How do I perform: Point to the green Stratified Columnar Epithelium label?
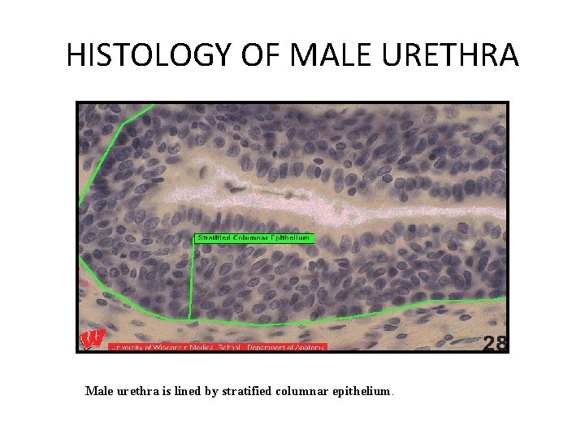[x=254, y=238]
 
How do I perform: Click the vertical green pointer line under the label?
[x=193, y=280]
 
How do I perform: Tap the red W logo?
[x=92, y=339]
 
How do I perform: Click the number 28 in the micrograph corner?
[x=495, y=344]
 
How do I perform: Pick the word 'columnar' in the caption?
[x=306, y=391]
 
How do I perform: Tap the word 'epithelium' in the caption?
[x=364, y=391]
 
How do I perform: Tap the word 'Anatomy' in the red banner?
[x=310, y=347]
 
